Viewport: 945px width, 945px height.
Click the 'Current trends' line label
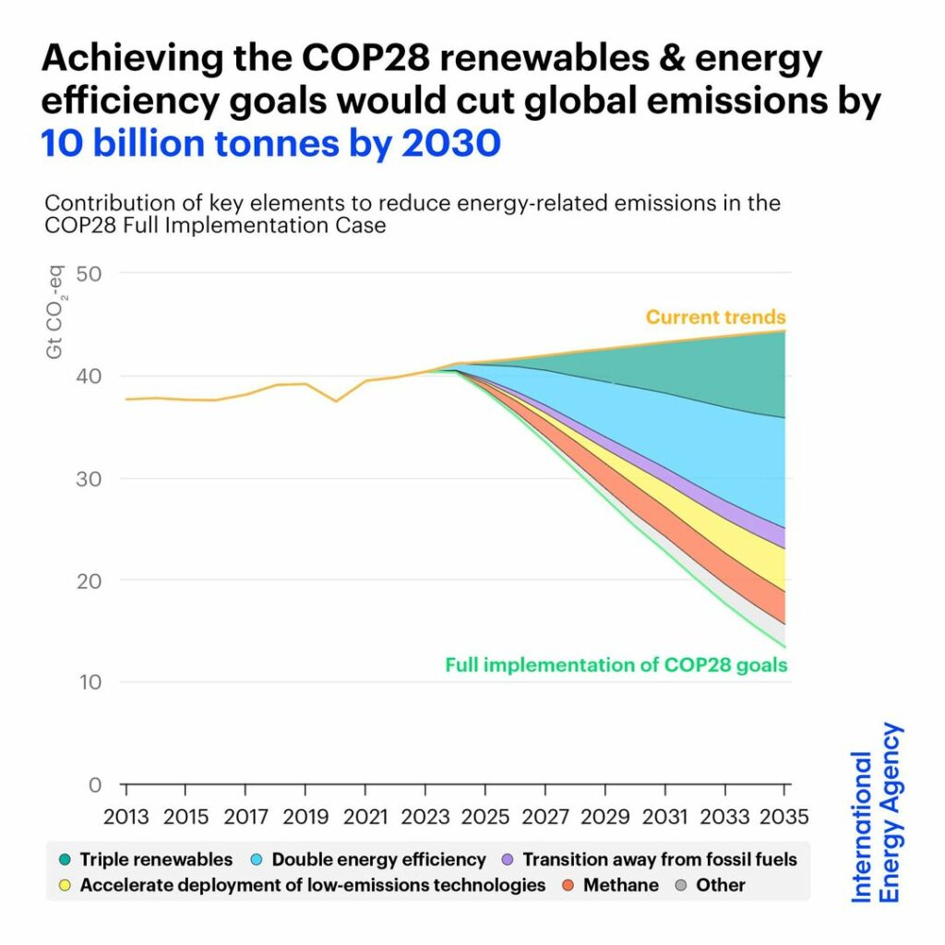click(x=715, y=317)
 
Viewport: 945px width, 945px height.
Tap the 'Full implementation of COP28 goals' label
click(x=616, y=664)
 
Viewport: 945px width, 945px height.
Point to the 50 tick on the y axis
click(x=89, y=273)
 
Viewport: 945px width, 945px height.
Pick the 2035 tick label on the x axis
click(x=784, y=816)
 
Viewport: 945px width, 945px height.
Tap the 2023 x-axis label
click(x=425, y=816)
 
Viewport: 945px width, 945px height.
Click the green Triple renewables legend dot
click(x=65, y=860)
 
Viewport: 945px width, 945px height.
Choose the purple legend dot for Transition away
click(x=507, y=860)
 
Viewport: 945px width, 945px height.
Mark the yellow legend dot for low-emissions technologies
click(x=65, y=886)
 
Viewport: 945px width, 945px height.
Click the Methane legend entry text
click(x=621, y=886)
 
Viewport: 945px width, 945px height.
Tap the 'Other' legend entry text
click(x=721, y=886)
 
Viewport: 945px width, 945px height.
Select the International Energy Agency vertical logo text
click(x=876, y=812)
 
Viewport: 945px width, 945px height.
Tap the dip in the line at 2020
click(x=336, y=401)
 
